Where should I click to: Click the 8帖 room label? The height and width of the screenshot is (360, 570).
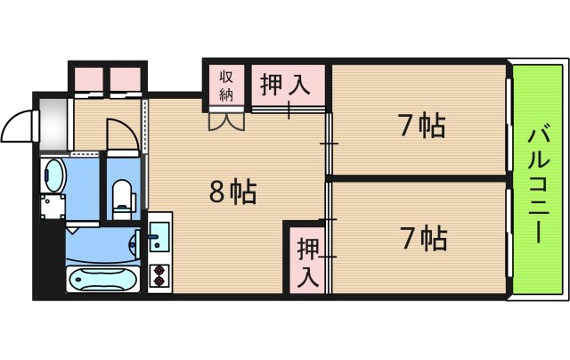[x=232, y=190]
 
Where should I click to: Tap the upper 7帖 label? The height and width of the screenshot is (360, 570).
[x=421, y=127]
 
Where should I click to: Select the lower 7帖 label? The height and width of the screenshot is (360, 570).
[x=422, y=238]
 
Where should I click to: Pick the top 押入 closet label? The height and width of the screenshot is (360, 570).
[x=285, y=86]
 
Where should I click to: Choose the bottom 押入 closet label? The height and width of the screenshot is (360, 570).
[x=307, y=260]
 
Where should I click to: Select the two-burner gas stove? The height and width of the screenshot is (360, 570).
[x=160, y=277]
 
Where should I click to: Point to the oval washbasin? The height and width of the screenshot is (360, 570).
[x=53, y=176]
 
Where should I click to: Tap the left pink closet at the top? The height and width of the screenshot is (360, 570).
[x=88, y=78]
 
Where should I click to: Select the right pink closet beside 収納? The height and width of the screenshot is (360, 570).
[x=126, y=78]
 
